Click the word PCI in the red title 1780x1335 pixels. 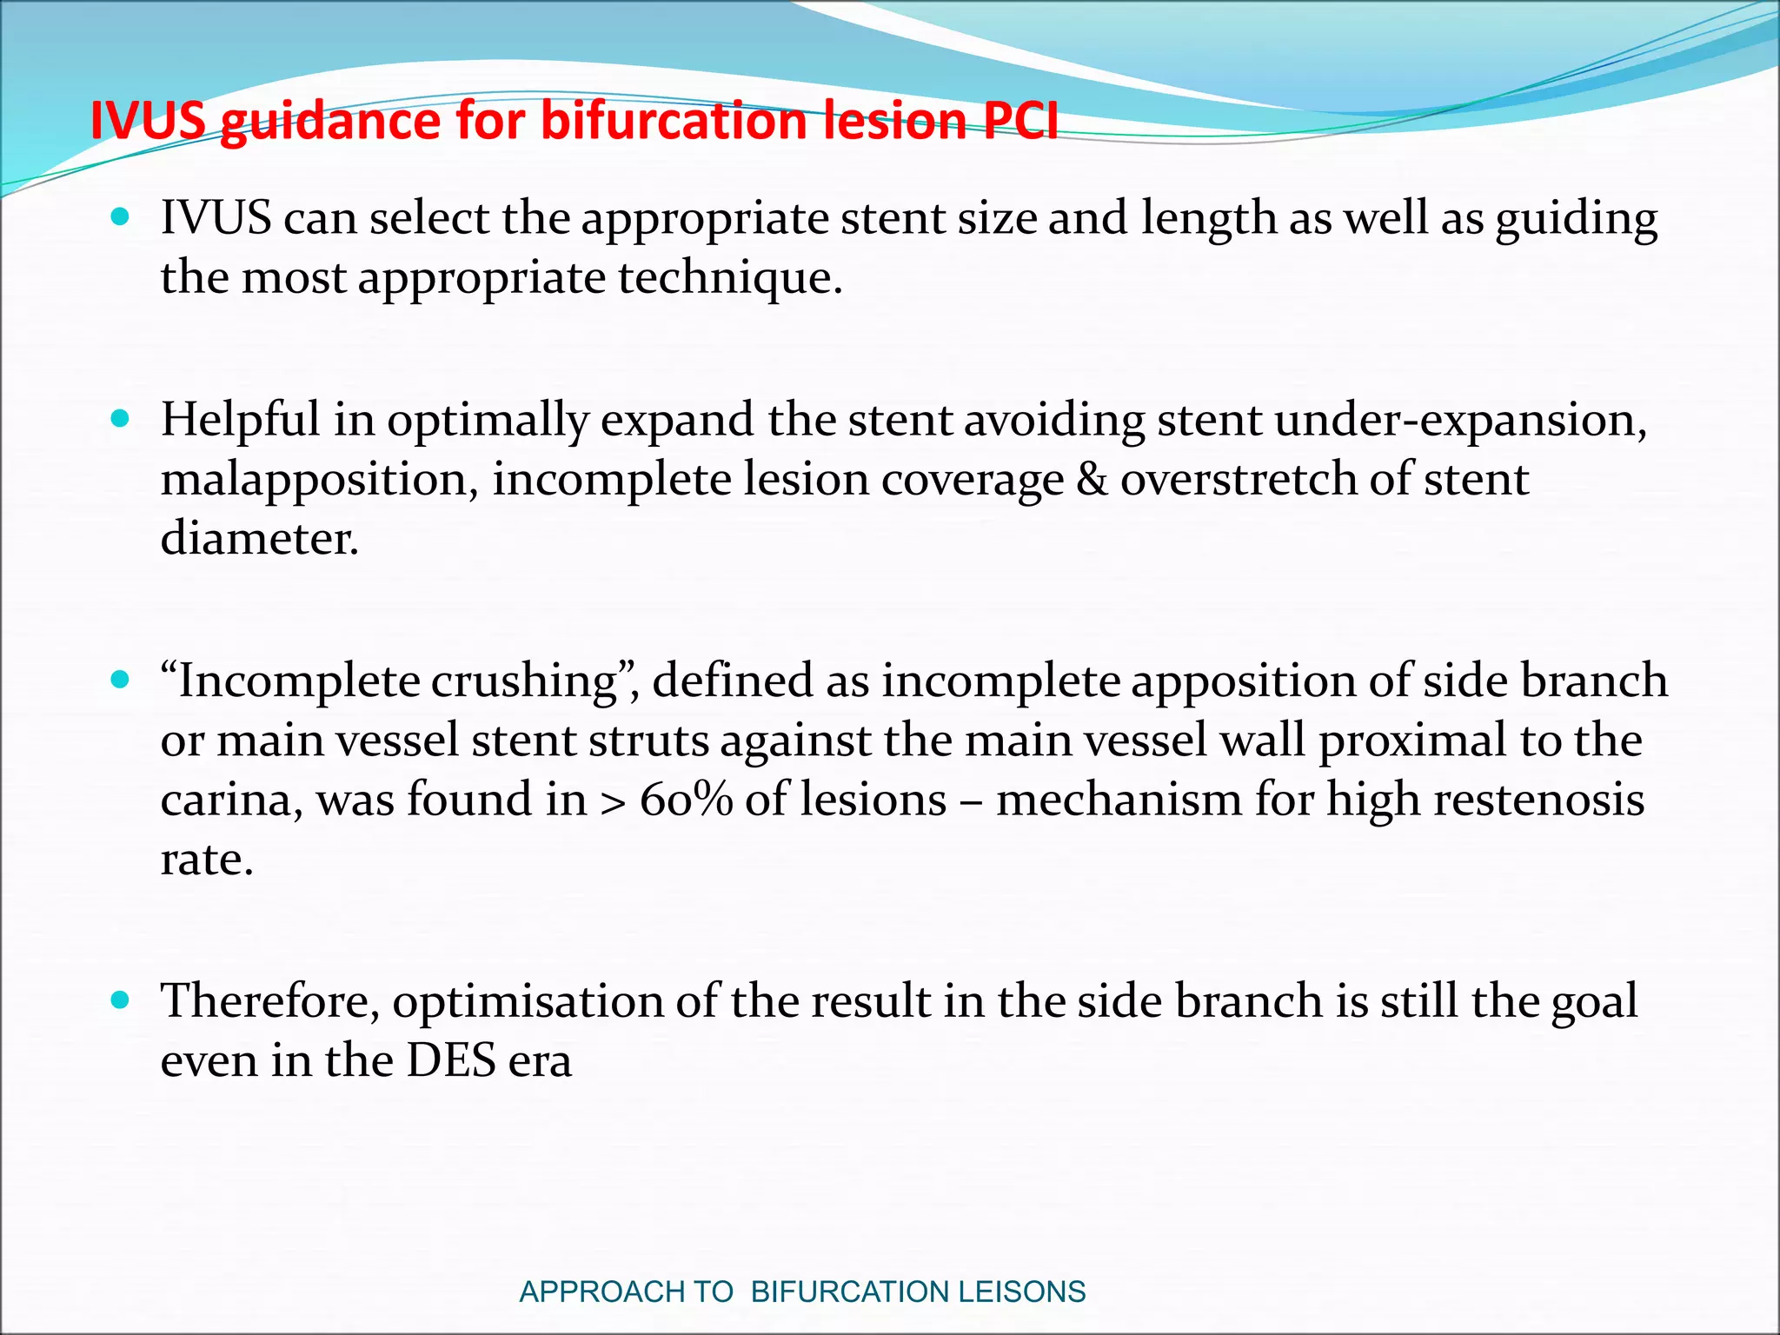(x=1020, y=121)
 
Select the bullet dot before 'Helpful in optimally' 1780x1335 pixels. (x=121, y=418)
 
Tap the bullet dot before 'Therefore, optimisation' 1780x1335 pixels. (x=121, y=1000)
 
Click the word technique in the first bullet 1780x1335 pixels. (x=728, y=279)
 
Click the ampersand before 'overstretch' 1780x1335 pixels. (x=1092, y=480)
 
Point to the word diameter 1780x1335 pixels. (x=259, y=539)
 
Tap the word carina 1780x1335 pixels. (x=231, y=800)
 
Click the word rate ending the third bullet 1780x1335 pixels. (x=206, y=860)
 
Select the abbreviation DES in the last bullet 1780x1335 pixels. (x=451, y=1060)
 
